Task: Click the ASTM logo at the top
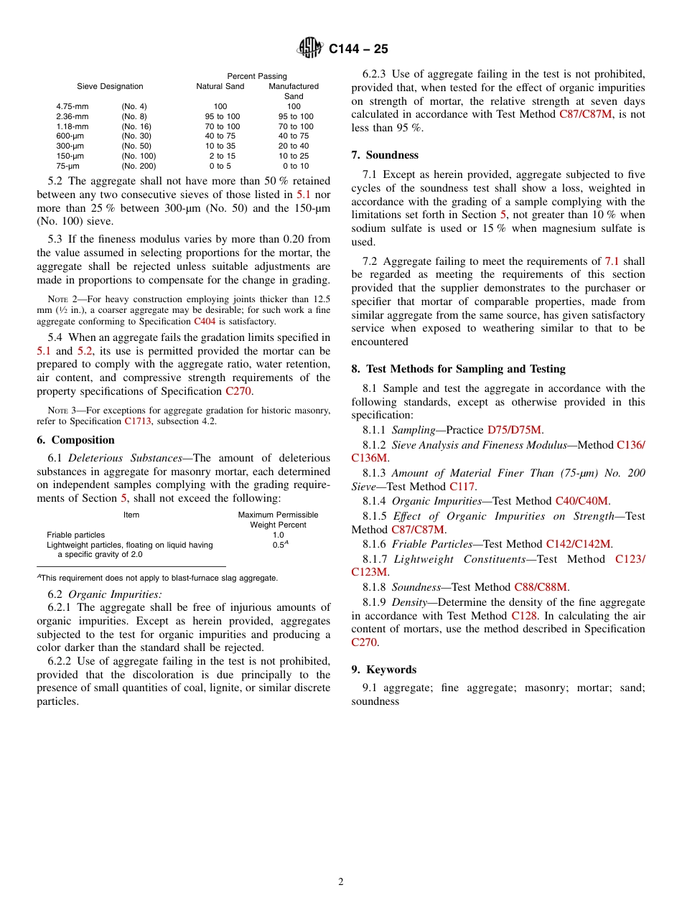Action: (x=310, y=48)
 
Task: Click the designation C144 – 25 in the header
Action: (x=358, y=49)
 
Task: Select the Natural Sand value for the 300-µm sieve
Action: (x=220, y=146)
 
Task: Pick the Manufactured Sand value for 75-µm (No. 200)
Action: (x=296, y=166)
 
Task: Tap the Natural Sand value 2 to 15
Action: (x=222, y=156)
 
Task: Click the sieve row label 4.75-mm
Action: (x=73, y=106)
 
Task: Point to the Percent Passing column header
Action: (x=257, y=76)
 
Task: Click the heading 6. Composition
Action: (x=75, y=440)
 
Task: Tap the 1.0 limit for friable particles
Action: (x=278, y=535)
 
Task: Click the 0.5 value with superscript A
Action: (x=280, y=545)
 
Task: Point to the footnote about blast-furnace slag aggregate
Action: (x=157, y=578)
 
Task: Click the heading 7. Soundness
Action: (x=385, y=155)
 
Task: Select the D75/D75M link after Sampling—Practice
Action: (x=514, y=430)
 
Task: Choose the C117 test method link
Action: (x=462, y=486)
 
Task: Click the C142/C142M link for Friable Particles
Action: (x=579, y=544)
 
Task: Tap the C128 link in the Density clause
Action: (x=524, y=615)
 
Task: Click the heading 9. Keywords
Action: (x=383, y=670)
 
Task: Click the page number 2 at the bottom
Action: (x=341, y=882)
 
